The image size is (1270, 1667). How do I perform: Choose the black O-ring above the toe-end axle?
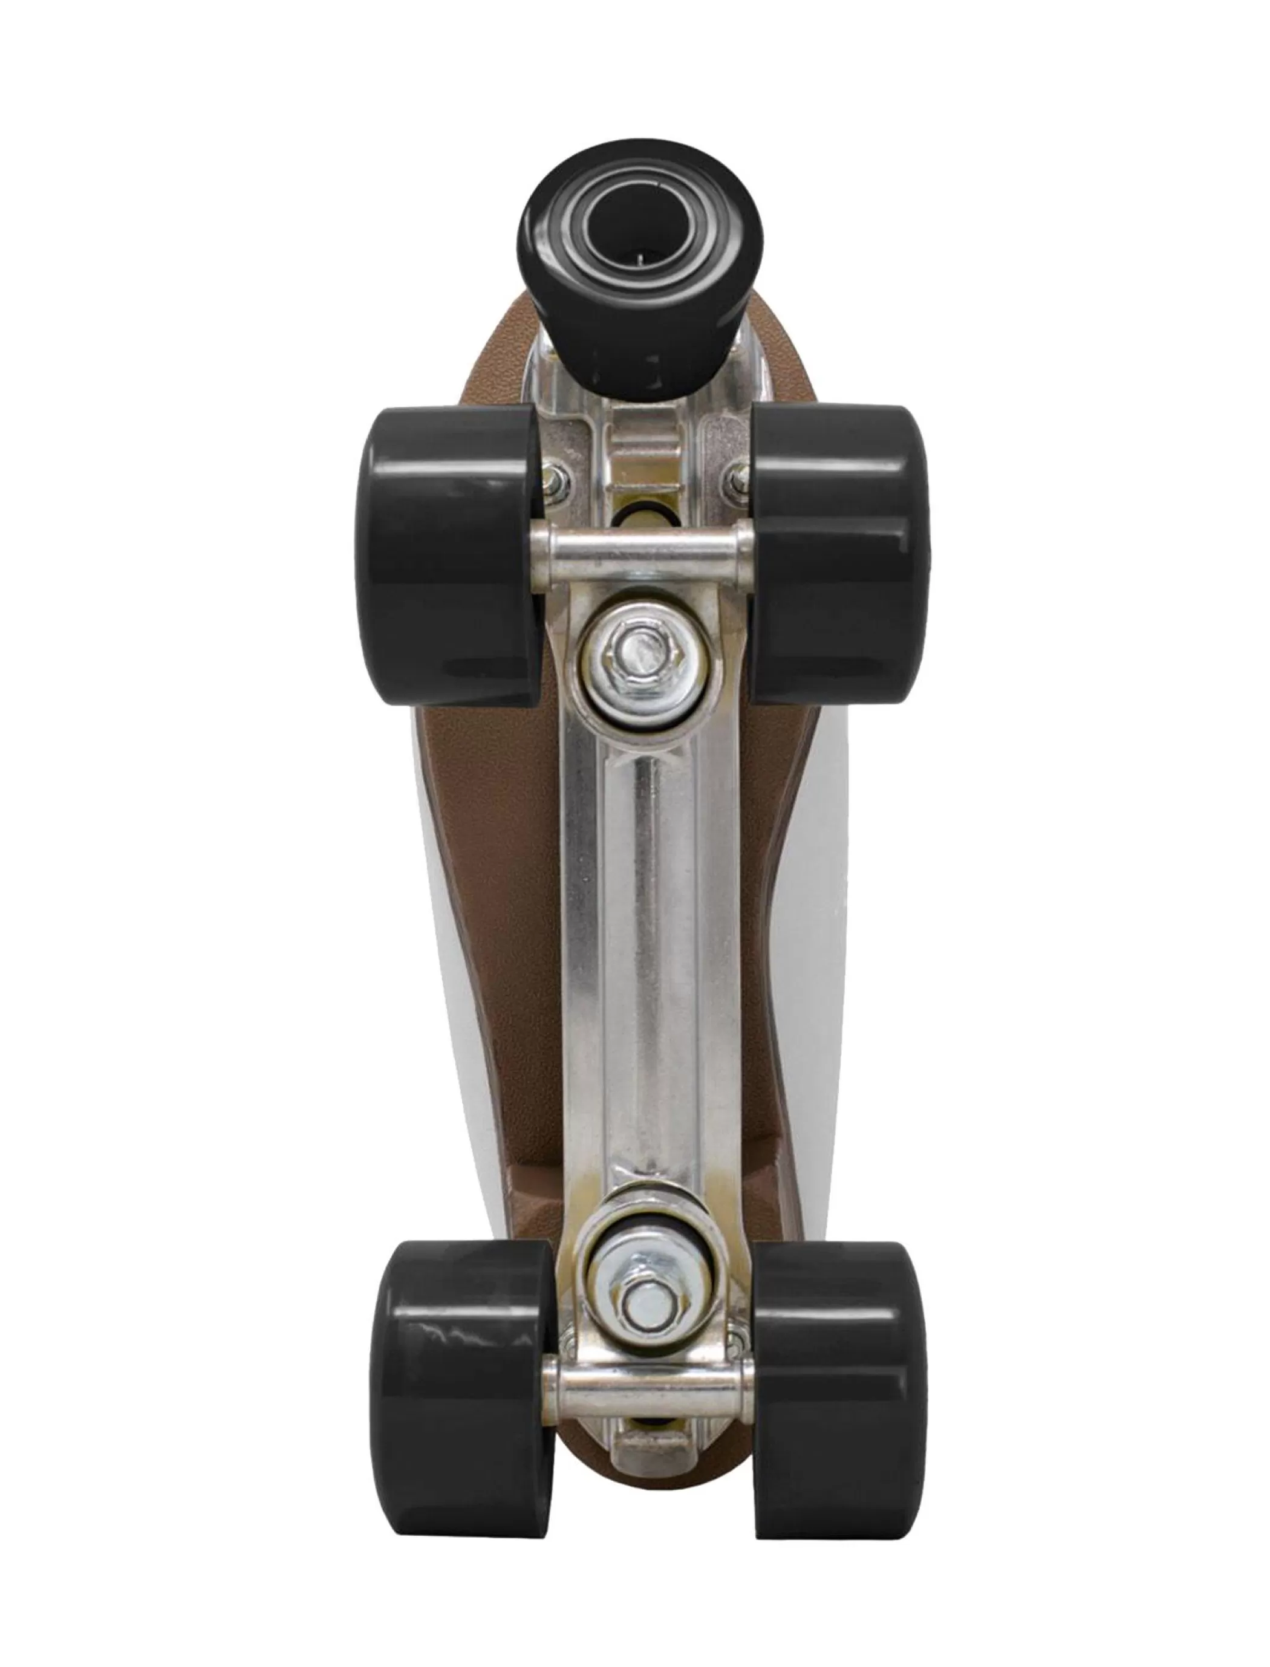click(x=642, y=515)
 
